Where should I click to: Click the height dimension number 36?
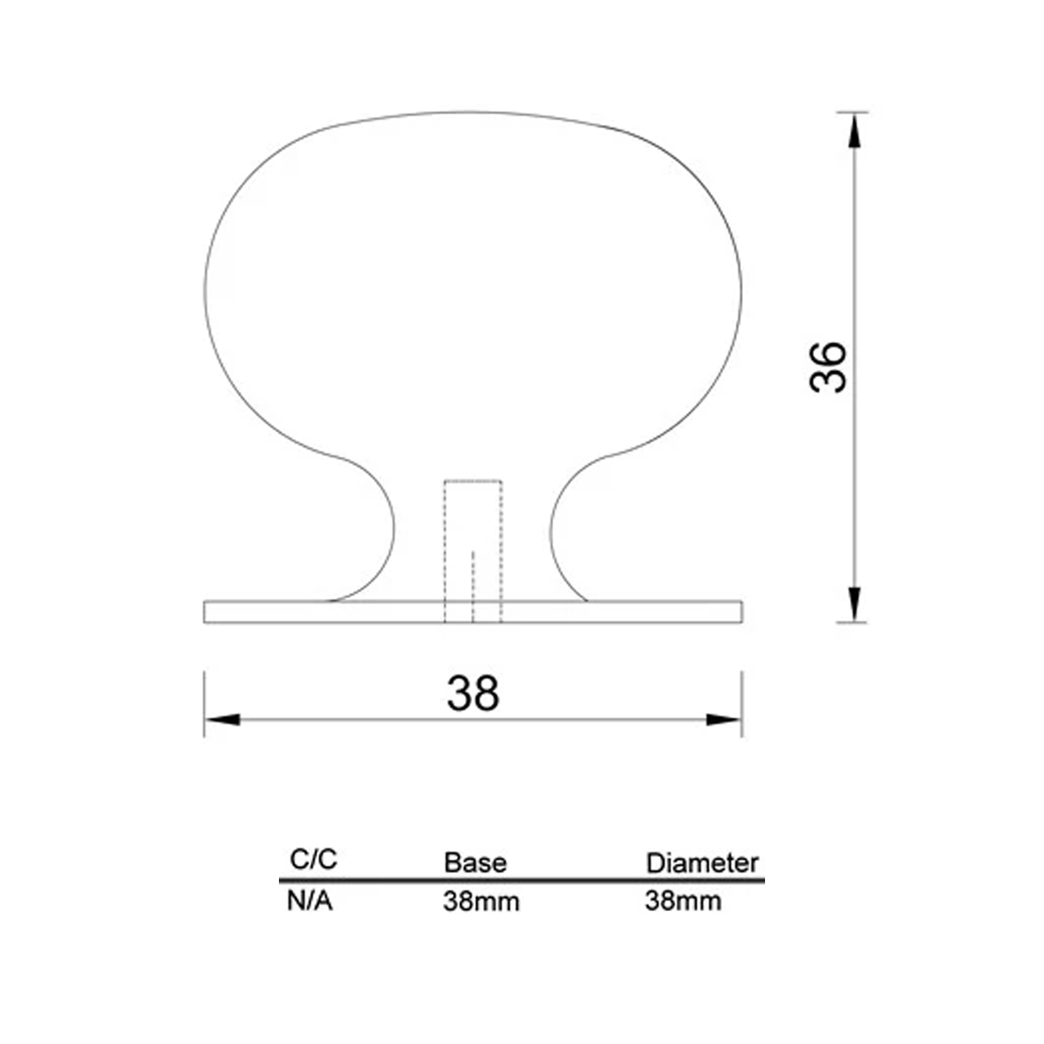point(827,368)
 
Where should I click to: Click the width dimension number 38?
point(472,693)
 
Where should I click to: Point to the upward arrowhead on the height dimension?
point(855,131)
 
